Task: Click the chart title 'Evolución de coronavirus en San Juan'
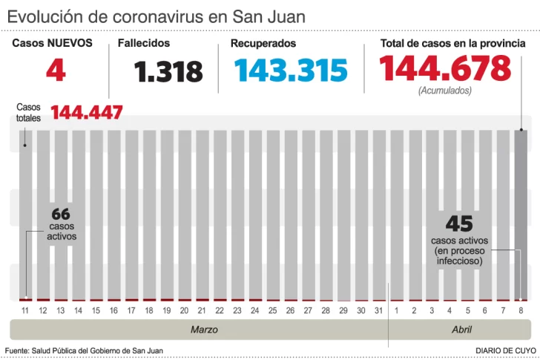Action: pos(156,16)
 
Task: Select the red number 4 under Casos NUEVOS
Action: pos(56,71)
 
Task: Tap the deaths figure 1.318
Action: pos(168,72)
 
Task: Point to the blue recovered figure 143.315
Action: pos(291,71)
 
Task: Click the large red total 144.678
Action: pos(445,69)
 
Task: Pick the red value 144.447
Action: pos(87,113)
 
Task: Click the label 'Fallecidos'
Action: pos(144,43)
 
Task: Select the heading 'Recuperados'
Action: pos(263,43)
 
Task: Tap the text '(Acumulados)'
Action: pos(445,91)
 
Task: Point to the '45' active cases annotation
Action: pos(459,223)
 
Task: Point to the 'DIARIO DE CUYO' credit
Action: pos(507,350)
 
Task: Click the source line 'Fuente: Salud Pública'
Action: pos(84,350)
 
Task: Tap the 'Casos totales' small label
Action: pos(29,112)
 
